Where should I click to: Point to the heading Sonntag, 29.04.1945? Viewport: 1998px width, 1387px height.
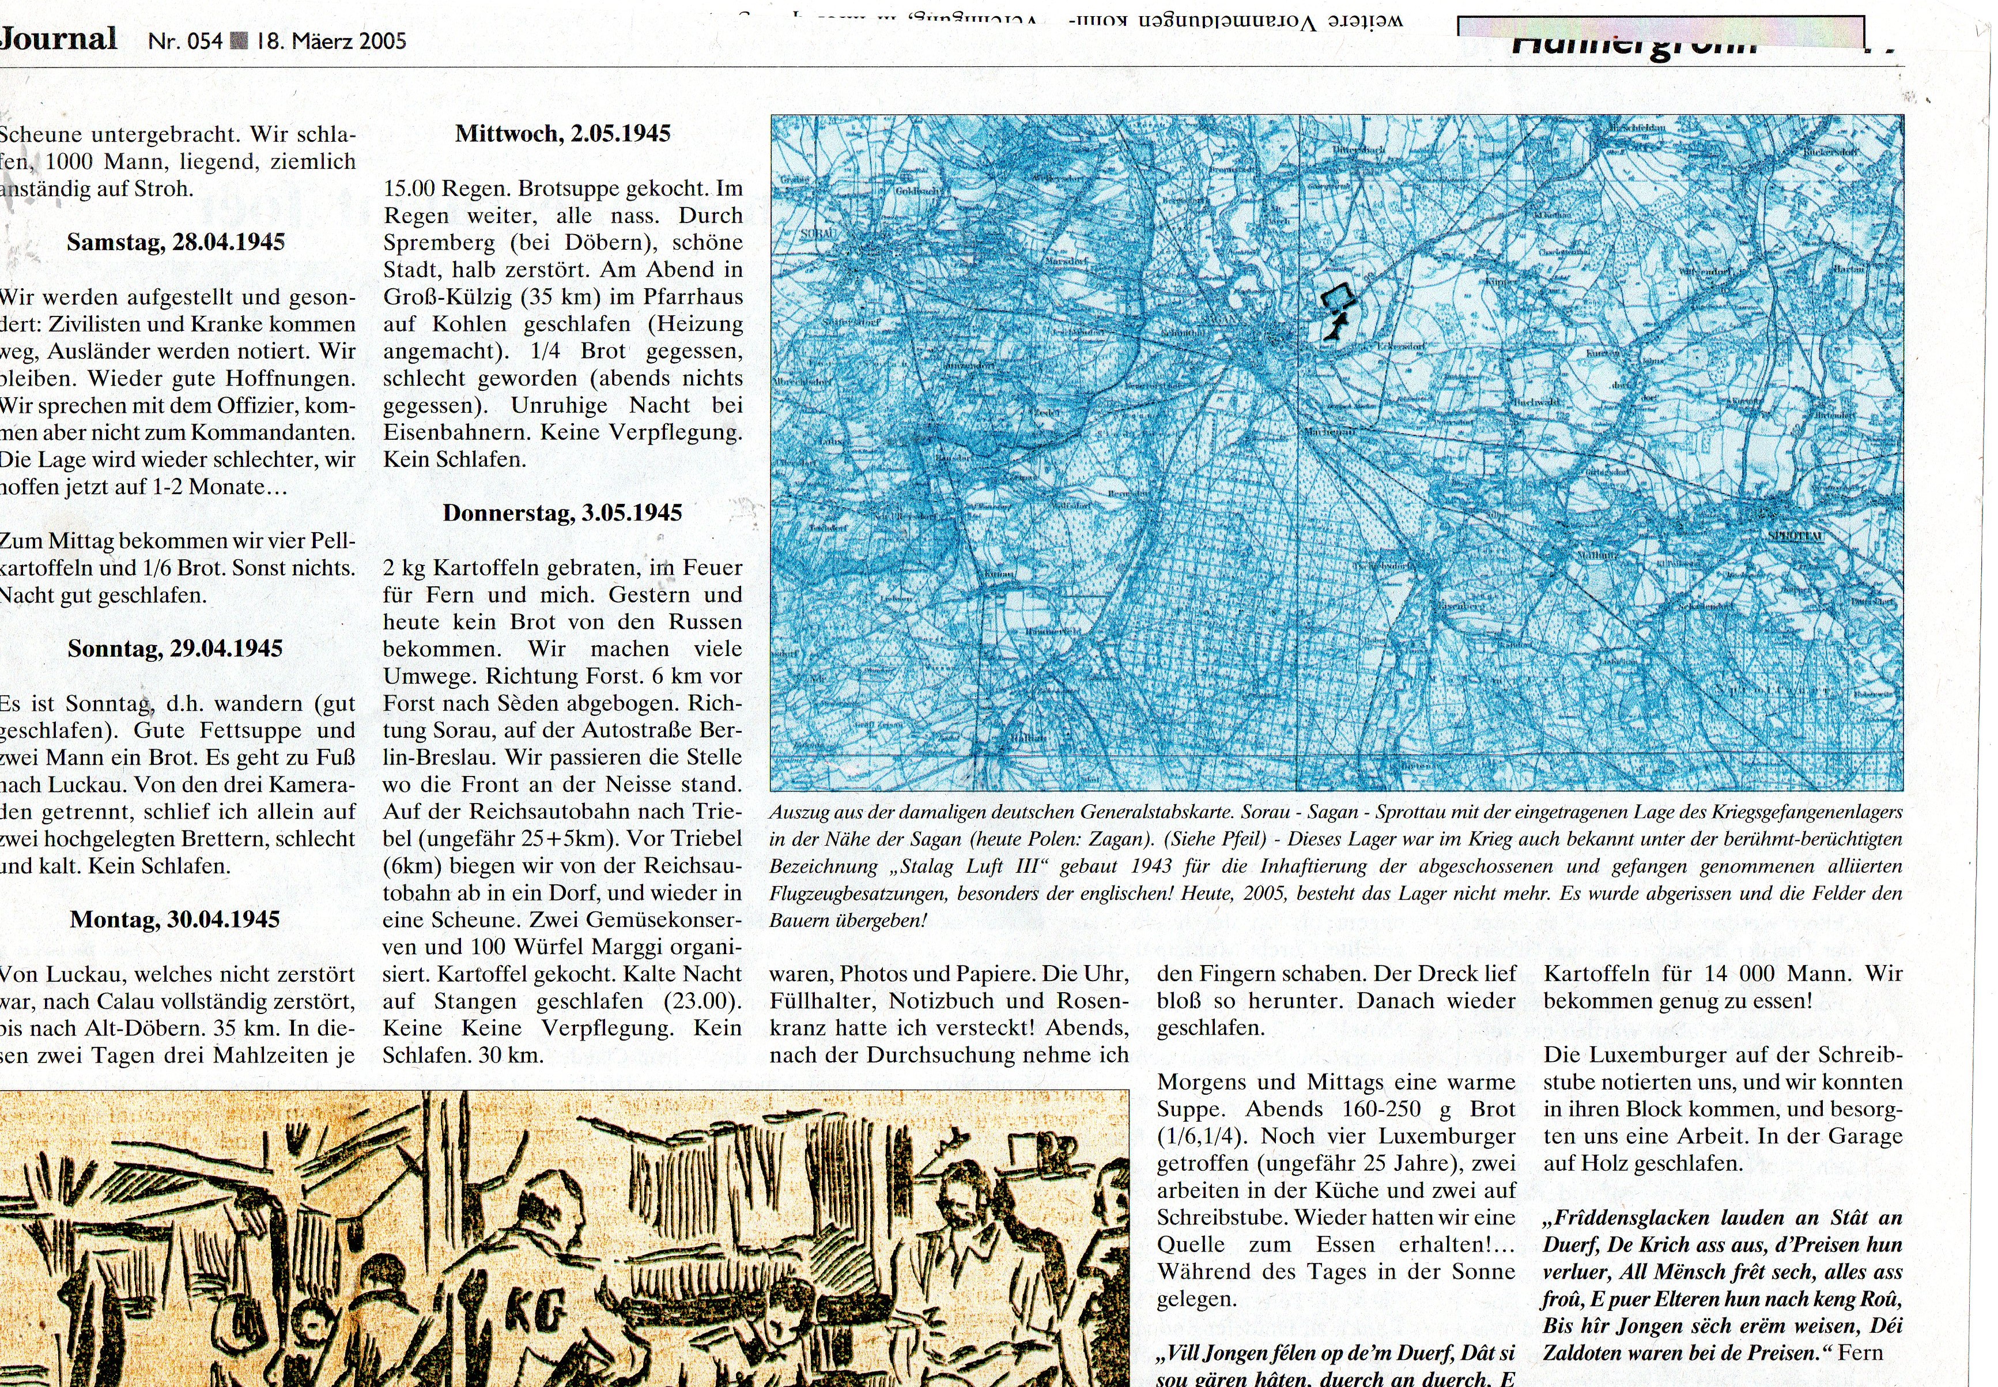[x=175, y=649]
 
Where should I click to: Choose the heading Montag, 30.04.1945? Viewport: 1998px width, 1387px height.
[x=175, y=919]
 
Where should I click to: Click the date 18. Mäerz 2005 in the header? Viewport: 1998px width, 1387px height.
[x=331, y=42]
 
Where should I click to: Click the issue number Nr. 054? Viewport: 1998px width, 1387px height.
[x=185, y=42]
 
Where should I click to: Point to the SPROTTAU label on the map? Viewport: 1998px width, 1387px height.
[x=1794, y=536]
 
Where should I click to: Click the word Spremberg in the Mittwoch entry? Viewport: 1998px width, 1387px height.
[x=439, y=243]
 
